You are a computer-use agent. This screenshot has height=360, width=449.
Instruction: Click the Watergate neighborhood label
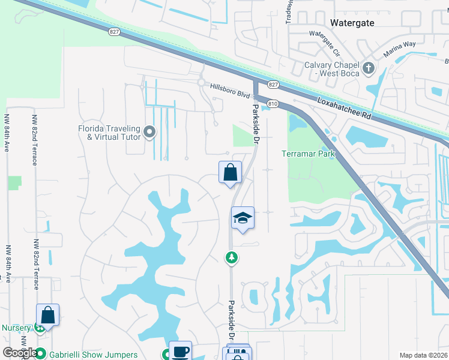(x=352, y=23)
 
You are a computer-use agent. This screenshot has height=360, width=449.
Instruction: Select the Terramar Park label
(x=308, y=154)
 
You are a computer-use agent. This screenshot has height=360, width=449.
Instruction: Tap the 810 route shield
(x=273, y=104)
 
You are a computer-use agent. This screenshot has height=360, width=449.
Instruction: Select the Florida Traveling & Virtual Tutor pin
(x=150, y=131)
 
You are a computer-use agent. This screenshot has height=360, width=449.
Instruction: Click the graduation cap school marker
(x=243, y=218)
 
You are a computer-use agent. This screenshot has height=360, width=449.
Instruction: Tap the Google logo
(x=20, y=353)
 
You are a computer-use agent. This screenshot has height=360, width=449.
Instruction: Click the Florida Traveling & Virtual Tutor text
(x=109, y=133)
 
